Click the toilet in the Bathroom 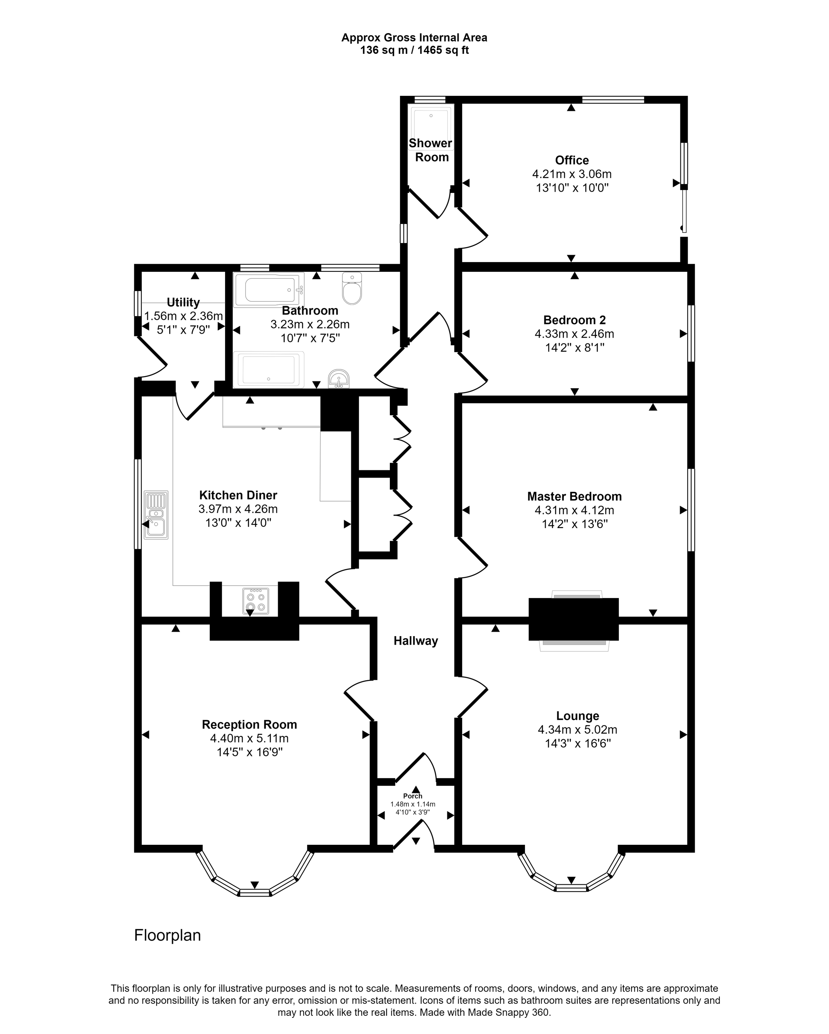pos(352,288)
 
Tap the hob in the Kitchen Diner pos(256,601)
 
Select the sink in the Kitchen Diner pos(156,515)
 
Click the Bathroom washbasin pos(339,379)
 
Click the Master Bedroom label pos(574,497)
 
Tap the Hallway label pos(416,641)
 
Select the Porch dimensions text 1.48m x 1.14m pos(413,804)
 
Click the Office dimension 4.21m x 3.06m pos(572,174)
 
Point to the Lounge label pos(578,716)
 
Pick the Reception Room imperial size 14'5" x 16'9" pos(250,752)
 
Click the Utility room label pos(183,302)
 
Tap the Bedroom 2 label pos(574,320)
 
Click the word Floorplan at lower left pos(168,935)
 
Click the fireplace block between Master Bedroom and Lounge pos(574,619)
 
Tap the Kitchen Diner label pos(238,495)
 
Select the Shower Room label pos(431,150)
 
